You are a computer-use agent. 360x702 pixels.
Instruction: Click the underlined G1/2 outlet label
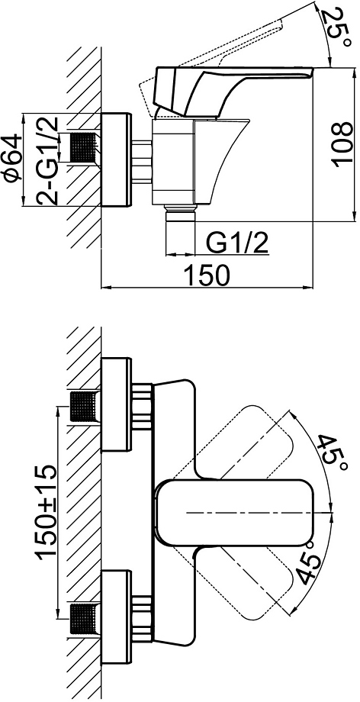(x=237, y=244)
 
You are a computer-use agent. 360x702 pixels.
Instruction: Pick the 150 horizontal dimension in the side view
(x=207, y=275)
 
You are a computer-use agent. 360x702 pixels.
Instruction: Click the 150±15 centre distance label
(x=47, y=512)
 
